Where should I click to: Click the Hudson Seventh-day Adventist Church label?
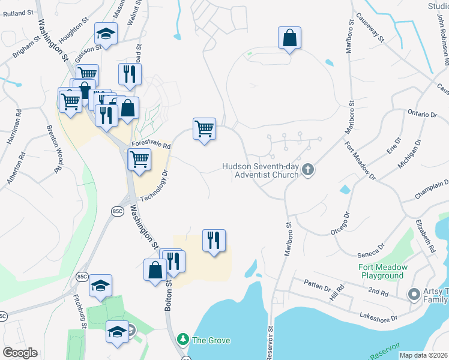pyautogui.click(x=260, y=170)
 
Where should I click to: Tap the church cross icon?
pyautogui.click(x=308, y=170)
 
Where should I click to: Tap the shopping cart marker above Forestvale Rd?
pyautogui.click(x=204, y=128)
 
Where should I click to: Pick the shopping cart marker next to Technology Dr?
pyautogui.click(x=139, y=160)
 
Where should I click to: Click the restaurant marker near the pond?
pyautogui.click(x=214, y=241)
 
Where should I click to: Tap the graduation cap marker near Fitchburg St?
pyautogui.click(x=100, y=286)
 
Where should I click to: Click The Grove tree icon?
pyautogui.click(x=184, y=340)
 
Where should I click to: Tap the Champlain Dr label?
pyautogui.click(x=432, y=191)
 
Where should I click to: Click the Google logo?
pyautogui.click(x=20, y=353)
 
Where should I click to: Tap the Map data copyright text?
pyautogui.click(x=424, y=355)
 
